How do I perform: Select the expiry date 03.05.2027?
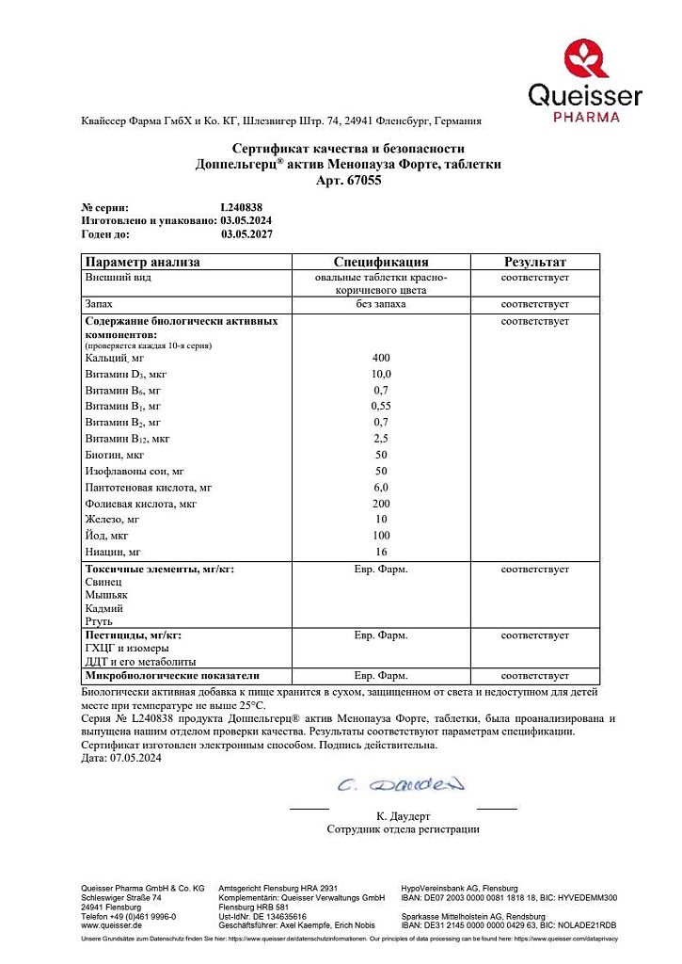tap(246, 233)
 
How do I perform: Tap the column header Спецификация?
tap(381, 262)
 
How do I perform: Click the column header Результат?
tap(534, 262)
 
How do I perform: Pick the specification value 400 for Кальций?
tap(381, 358)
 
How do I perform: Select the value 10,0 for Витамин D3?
tap(381, 374)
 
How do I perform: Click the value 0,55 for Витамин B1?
tap(381, 407)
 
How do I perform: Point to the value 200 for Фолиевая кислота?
tap(381, 504)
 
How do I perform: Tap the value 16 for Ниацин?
tap(381, 552)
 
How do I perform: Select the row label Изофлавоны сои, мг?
tap(135, 471)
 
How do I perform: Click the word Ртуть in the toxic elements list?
tap(99, 621)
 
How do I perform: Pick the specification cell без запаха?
tap(381, 305)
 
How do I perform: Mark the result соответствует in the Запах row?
tap(534, 305)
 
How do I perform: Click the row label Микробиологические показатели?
tap(172, 676)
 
